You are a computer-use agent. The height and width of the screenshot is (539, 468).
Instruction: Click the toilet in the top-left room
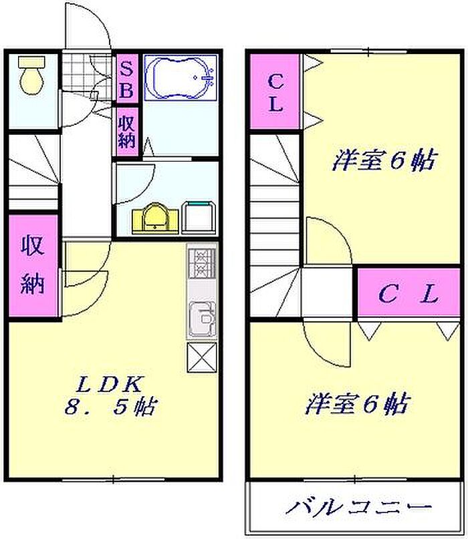(32, 75)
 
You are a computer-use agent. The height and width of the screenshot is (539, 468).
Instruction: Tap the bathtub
(181, 77)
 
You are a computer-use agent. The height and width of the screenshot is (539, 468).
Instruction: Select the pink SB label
(127, 79)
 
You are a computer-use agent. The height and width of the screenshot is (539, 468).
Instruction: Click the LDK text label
(109, 384)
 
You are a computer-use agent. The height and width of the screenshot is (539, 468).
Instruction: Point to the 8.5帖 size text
(110, 407)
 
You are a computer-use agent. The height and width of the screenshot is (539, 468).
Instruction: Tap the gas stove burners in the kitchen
(202, 263)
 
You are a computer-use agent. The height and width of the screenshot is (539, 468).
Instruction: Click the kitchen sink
(203, 319)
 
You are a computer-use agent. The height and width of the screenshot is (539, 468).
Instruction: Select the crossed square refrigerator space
(202, 357)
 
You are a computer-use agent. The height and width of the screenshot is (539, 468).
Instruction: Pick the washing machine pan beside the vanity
(199, 218)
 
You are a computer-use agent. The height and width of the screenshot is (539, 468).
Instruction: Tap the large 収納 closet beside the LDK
(33, 265)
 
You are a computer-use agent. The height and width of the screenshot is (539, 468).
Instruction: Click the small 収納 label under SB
(127, 132)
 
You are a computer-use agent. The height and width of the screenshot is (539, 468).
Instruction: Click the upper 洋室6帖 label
(384, 160)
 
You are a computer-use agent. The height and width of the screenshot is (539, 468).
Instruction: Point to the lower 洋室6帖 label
(357, 403)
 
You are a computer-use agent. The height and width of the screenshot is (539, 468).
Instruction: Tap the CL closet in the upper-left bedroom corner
(275, 92)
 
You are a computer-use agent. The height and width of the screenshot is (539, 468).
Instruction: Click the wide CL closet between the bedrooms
(408, 292)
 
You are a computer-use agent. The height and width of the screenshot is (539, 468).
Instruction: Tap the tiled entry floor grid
(87, 71)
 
